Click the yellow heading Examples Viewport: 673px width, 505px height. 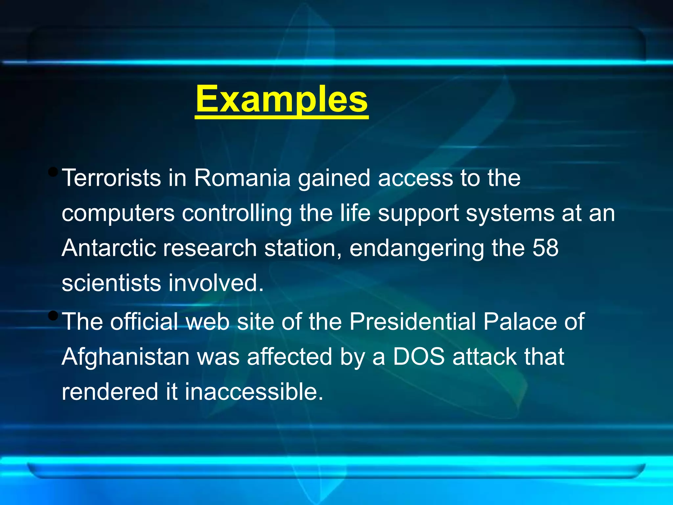tap(282, 100)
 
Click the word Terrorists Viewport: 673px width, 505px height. tap(111, 178)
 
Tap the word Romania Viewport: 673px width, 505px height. tap(242, 178)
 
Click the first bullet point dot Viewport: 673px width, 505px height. tap(53, 172)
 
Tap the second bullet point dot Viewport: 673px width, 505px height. tap(53, 316)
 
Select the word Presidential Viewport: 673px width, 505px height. tap(412, 321)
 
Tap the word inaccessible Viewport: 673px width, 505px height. tap(254, 392)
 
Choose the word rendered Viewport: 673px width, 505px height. tap(110, 392)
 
